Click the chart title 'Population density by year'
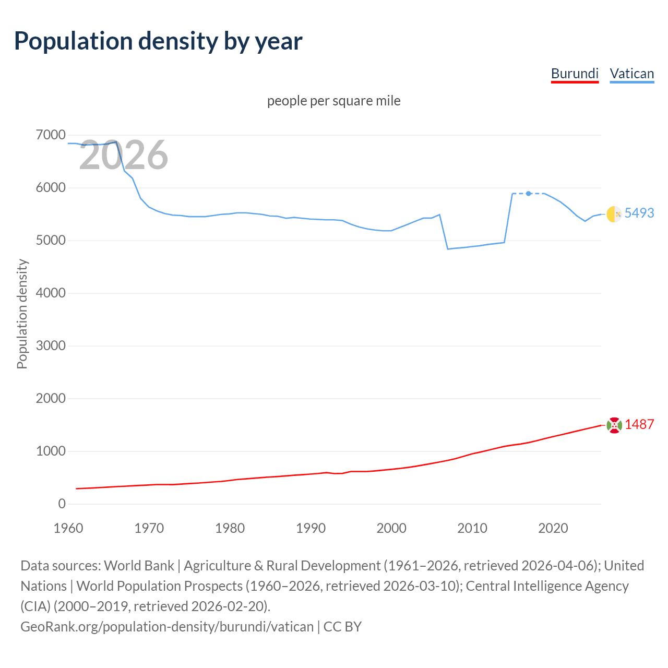158,41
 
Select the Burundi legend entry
575,74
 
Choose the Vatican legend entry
631,74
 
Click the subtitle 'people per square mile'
333,101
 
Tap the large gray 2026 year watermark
124,155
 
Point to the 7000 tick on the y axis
51,135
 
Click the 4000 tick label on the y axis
51,293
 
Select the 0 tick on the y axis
62,504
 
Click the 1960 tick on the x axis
68,528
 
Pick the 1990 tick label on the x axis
311,528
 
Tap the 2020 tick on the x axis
553,528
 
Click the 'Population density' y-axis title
22,314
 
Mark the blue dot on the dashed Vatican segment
529,194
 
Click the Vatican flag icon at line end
614,214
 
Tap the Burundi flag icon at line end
614,425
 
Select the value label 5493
639,213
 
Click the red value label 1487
639,424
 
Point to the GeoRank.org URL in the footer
167,626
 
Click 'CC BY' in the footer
342,626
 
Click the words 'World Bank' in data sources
139,566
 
